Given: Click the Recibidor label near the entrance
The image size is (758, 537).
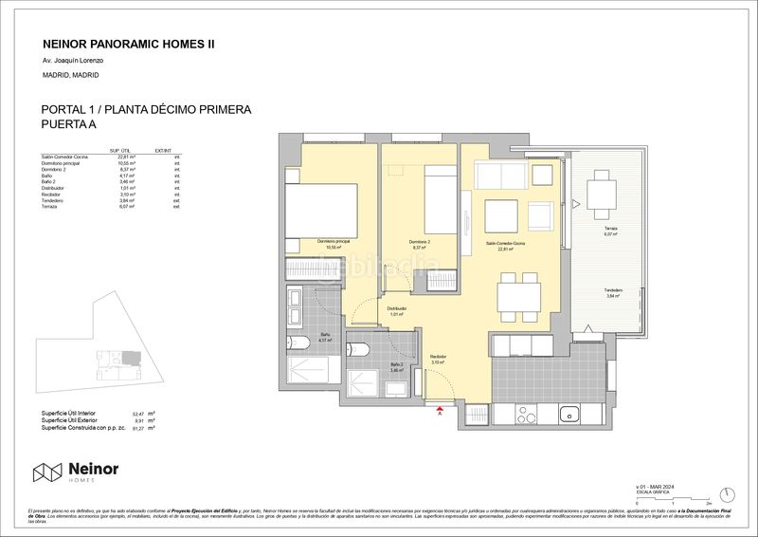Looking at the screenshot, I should [437, 358].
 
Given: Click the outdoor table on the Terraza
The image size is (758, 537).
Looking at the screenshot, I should [601, 194].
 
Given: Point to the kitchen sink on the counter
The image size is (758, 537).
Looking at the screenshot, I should [570, 412].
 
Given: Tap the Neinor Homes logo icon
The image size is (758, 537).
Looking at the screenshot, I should [47, 472].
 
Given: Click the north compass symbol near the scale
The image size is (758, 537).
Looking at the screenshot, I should [726, 493].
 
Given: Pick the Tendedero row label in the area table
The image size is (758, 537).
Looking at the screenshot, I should [53, 201].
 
